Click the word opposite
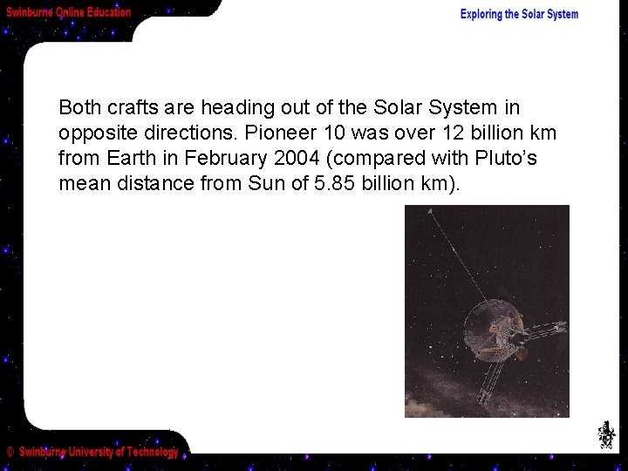pyautogui.click(x=94, y=133)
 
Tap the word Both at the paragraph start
pyautogui.click(x=79, y=108)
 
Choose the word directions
pyautogui.click(x=183, y=133)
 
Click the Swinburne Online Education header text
pyautogui.click(x=69, y=12)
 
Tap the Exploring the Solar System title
pyautogui.click(x=519, y=14)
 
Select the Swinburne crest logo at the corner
pyautogui.click(x=606, y=434)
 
